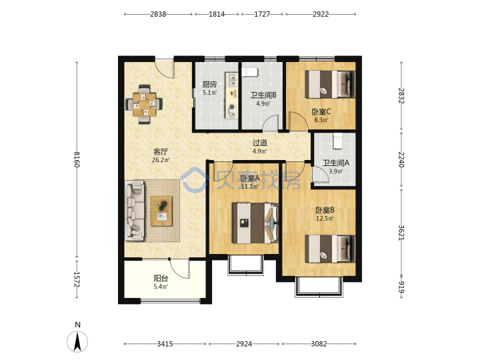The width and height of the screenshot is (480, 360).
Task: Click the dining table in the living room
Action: (x=144, y=105)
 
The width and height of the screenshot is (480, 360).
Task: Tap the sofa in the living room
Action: (x=135, y=211)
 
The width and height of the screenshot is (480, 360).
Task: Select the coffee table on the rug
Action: (x=161, y=211)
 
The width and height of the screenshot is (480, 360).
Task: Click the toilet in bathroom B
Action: (x=249, y=72)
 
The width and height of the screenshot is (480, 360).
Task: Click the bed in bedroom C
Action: (x=331, y=84)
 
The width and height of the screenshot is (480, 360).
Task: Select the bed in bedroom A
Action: (x=255, y=223)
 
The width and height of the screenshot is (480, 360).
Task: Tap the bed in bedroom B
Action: (x=331, y=249)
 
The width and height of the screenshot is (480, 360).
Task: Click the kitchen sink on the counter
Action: (x=232, y=80)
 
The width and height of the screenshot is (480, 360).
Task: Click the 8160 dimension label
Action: (x=77, y=159)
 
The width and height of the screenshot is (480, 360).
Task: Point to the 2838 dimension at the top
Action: (x=158, y=14)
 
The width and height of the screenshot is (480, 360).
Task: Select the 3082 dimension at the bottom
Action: (x=319, y=344)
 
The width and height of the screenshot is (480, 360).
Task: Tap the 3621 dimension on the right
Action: (x=401, y=233)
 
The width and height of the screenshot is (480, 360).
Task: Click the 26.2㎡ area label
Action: (x=161, y=159)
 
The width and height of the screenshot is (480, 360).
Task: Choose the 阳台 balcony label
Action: (x=161, y=279)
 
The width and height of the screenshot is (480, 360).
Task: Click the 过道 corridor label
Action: (x=260, y=143)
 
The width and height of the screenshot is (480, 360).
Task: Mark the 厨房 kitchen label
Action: (x=210, y=84)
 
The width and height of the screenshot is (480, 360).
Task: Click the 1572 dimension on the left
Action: (x=77, y=279)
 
